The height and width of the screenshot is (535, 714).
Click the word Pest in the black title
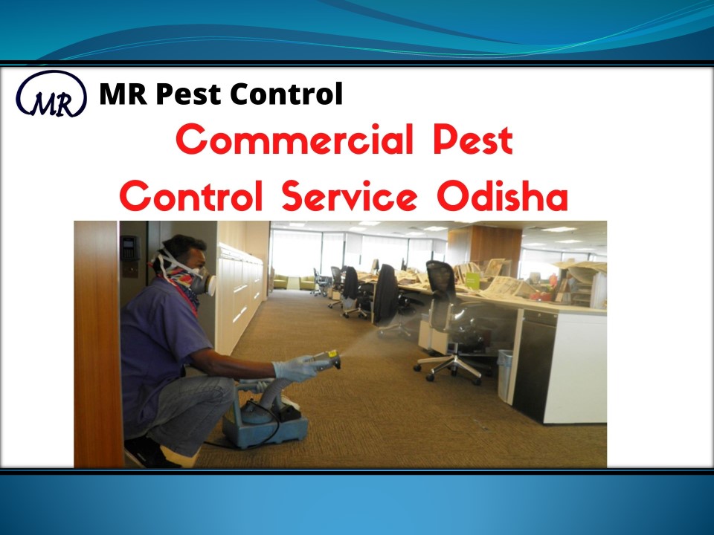click(183, 94)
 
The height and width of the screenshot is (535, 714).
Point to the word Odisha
click(503, 197)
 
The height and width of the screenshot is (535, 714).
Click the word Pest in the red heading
click(474, 141)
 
